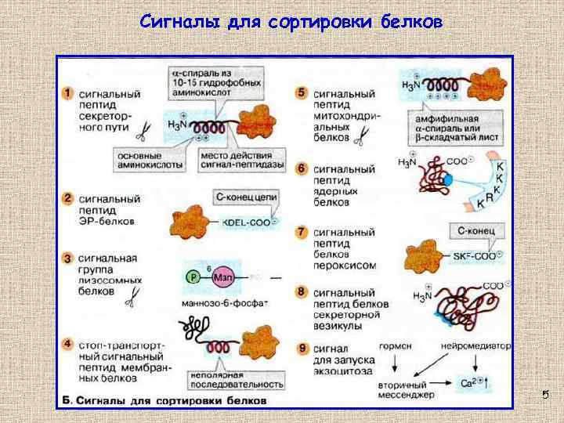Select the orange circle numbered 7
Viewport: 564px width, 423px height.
point(302,232)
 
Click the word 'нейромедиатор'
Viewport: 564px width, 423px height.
point(475,345)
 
